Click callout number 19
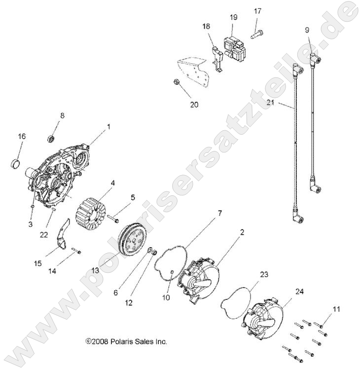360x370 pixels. click(234, 17)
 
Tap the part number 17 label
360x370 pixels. click(257, 11)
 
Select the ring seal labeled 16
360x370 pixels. click(16, 163)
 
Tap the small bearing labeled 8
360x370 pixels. click(51, 139)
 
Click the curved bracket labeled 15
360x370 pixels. click(63, 234)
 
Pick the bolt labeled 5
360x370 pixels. click(113, 219)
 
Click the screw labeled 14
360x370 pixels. click(76, 251)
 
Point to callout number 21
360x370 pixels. click(271, 103)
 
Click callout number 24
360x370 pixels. click(299, 292)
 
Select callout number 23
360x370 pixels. click(264, 274)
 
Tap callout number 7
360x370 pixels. click(219, 213)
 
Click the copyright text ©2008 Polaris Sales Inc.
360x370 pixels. click(126, 341)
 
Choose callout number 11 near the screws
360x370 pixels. click(336, 309)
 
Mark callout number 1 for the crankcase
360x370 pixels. click(109, 127)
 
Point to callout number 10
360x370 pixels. click(166, 297)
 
